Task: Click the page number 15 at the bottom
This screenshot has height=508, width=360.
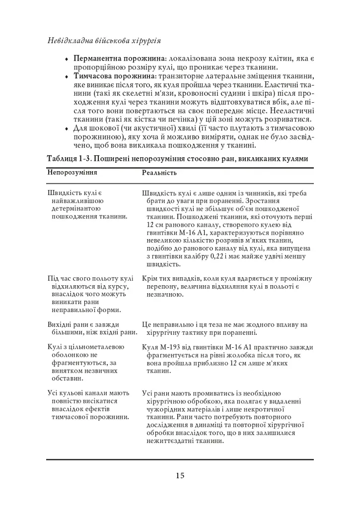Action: pyautogui.click(x=180, y=476)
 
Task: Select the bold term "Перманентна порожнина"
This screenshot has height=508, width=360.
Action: pyautogui.click(x=119, y=59)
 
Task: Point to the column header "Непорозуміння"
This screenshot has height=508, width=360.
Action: pyautogui.click(x=72, y=173)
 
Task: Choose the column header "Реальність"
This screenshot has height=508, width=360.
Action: pyautogui.click(x=159, y=173)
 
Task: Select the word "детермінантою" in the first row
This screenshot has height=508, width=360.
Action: pyautogui.click(x=74, y=208)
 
